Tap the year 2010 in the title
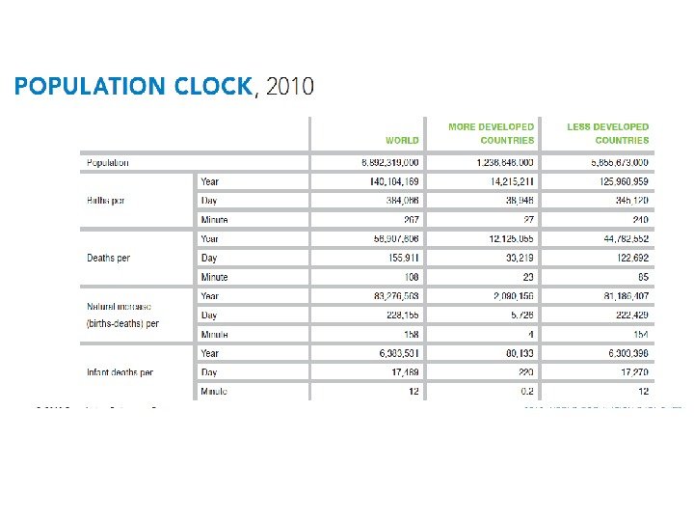[289, 87]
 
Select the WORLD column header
[402, 140]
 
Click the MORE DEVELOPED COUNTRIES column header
[491, 133]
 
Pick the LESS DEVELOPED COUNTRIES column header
[608, 133]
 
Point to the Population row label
[108, 163]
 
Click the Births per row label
[108, 201]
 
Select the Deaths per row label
[109, 258]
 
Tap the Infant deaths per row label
[120, 372]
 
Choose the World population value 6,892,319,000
[384, 163]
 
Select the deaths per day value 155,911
[400, 258]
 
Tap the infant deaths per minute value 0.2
[525, 391]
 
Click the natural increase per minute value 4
[530, 334]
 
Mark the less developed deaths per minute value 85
[642, 277]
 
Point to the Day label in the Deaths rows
[209, 258]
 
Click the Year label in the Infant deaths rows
[210, 353]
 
